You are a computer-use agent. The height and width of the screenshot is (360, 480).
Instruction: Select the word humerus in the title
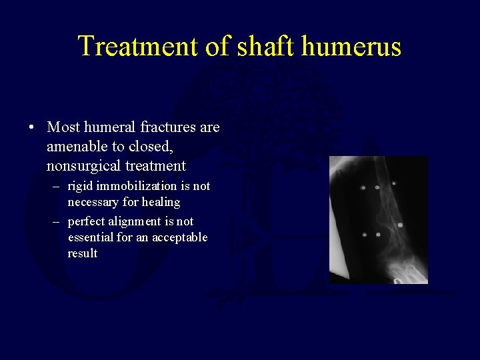pos(351,47)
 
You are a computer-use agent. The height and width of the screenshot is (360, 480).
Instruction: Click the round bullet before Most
pos(31,127)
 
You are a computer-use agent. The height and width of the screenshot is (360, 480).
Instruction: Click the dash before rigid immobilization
pos(57,186)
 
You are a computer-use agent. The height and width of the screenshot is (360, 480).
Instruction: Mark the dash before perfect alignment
pos(57,221)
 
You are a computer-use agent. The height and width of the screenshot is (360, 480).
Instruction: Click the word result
pos(83,253)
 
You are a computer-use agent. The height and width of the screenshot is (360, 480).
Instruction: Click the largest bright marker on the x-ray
pos(400,225)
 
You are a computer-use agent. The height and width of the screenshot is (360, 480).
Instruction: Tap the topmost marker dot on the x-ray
pos(394,183)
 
